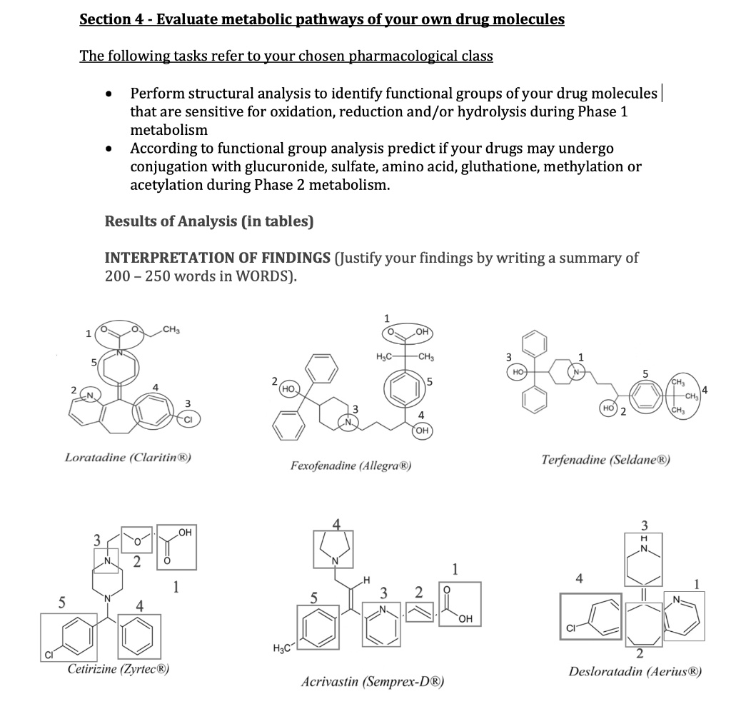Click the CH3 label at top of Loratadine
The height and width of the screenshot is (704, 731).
(x=172, y=329)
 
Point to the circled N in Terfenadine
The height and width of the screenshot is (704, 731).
(x=578, y=372)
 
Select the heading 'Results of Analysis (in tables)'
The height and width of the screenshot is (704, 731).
(x=209, y=221)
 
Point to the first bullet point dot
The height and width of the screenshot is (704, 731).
(x=108, y=95)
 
